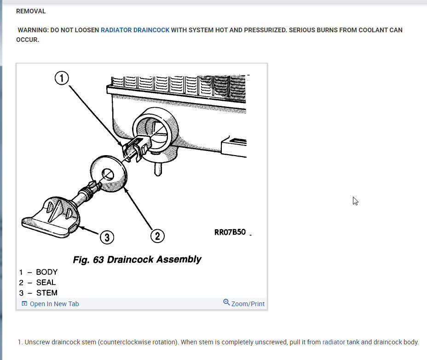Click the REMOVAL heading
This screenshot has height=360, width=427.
(31, 11)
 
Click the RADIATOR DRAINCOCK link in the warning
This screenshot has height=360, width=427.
(135, 30)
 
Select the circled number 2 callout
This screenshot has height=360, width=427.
(157, 236)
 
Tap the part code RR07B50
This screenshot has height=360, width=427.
(230, 232)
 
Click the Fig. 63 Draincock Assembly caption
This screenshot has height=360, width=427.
(137, 260)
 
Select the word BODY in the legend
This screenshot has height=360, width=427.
(46, 272)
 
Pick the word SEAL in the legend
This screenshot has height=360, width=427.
(46, 283)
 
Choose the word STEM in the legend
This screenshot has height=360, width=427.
(46, 293)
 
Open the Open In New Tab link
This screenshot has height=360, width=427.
(54, 304)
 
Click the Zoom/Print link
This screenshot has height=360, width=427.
(248, 304)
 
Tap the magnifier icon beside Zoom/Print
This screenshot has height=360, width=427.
(226, 302)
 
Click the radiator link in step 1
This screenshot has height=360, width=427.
(334, 342)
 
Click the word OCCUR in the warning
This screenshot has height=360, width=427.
(28, 40)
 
